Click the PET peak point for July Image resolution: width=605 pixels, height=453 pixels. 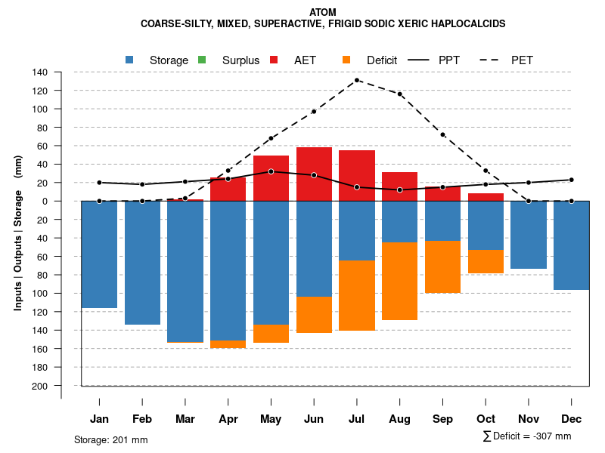pyautogui.click(x=357, y=80)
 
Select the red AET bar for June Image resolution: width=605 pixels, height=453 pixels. pyautogui.click(x=314, y=174)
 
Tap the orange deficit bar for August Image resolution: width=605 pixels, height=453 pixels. pyautogui.click(x=400, y=281)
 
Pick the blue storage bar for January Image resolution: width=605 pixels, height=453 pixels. pyautogui.click(x=99, y=254)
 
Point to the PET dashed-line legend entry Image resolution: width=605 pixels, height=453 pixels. pyautogui.click(x=522, y=60)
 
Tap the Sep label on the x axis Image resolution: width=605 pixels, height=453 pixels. pyautogui.click(x=442, y=419)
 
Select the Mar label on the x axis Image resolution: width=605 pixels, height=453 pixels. pyautogui.click(x=185, y=419)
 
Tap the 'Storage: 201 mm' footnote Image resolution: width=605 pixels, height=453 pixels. pyautogui.click(x=110, y=439)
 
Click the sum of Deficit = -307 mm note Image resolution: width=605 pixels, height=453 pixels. pyautogui.click(x=527, y=436)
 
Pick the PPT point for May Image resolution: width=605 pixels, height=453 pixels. pyautogui.click(x=271, y=171)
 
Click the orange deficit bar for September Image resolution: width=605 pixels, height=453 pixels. pyautogui.click(x=442, y=267)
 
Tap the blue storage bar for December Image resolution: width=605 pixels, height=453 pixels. pyautogui.click(x=572, y=245)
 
